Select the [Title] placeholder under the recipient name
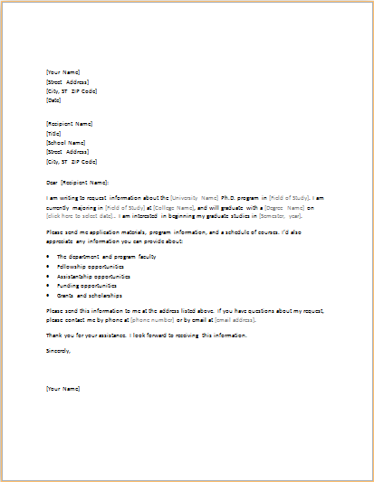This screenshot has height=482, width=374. [53, 132]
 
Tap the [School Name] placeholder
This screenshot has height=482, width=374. [65, 142]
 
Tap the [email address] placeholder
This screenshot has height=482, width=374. [234, 319]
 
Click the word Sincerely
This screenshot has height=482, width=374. [59, 350]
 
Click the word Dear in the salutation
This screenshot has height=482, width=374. [52, 182]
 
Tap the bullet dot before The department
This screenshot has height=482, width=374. [48, 258]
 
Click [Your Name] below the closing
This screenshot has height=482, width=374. [62, 388]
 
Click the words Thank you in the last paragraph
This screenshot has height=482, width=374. [59, 336]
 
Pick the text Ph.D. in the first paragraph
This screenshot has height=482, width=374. [228, 196]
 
